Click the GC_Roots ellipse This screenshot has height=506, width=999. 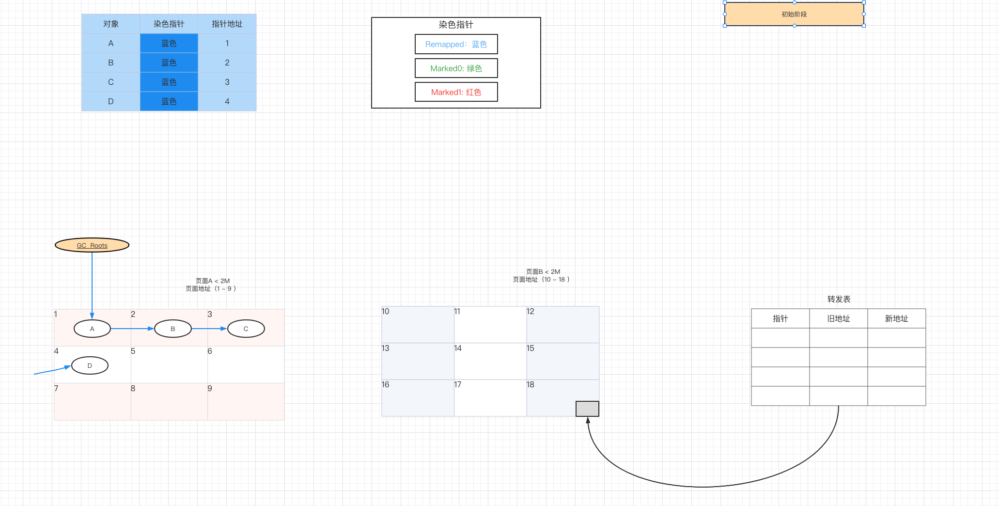click(92, 245)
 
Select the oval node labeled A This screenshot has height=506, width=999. click(92, 329)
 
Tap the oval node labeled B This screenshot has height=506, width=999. click(172, 329)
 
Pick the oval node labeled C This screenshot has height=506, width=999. click(246, 329)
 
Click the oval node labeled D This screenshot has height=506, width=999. click(90, 365)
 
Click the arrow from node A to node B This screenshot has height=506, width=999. click(132, 329)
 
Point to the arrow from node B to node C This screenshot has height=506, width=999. click(209, 329)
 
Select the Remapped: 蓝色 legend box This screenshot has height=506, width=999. click(456, 44)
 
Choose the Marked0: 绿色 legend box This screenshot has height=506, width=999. click(456, 68)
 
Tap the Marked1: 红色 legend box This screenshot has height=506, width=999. click(456, 92)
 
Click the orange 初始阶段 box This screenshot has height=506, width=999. click(794, 14)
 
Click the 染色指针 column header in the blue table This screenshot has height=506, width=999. click(169, 24)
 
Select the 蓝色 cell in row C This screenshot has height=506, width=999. click(169, 82)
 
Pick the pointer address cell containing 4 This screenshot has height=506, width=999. click(227, 101)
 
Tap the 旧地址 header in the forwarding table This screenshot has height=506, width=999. click(838, 318)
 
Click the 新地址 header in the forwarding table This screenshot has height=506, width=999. click(896, 318)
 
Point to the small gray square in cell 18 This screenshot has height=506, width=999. click(587, 409)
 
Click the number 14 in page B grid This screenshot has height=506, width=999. click(458, 348)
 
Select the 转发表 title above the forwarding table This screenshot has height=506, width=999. click(839, 299)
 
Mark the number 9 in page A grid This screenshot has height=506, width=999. click(210, 388)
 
